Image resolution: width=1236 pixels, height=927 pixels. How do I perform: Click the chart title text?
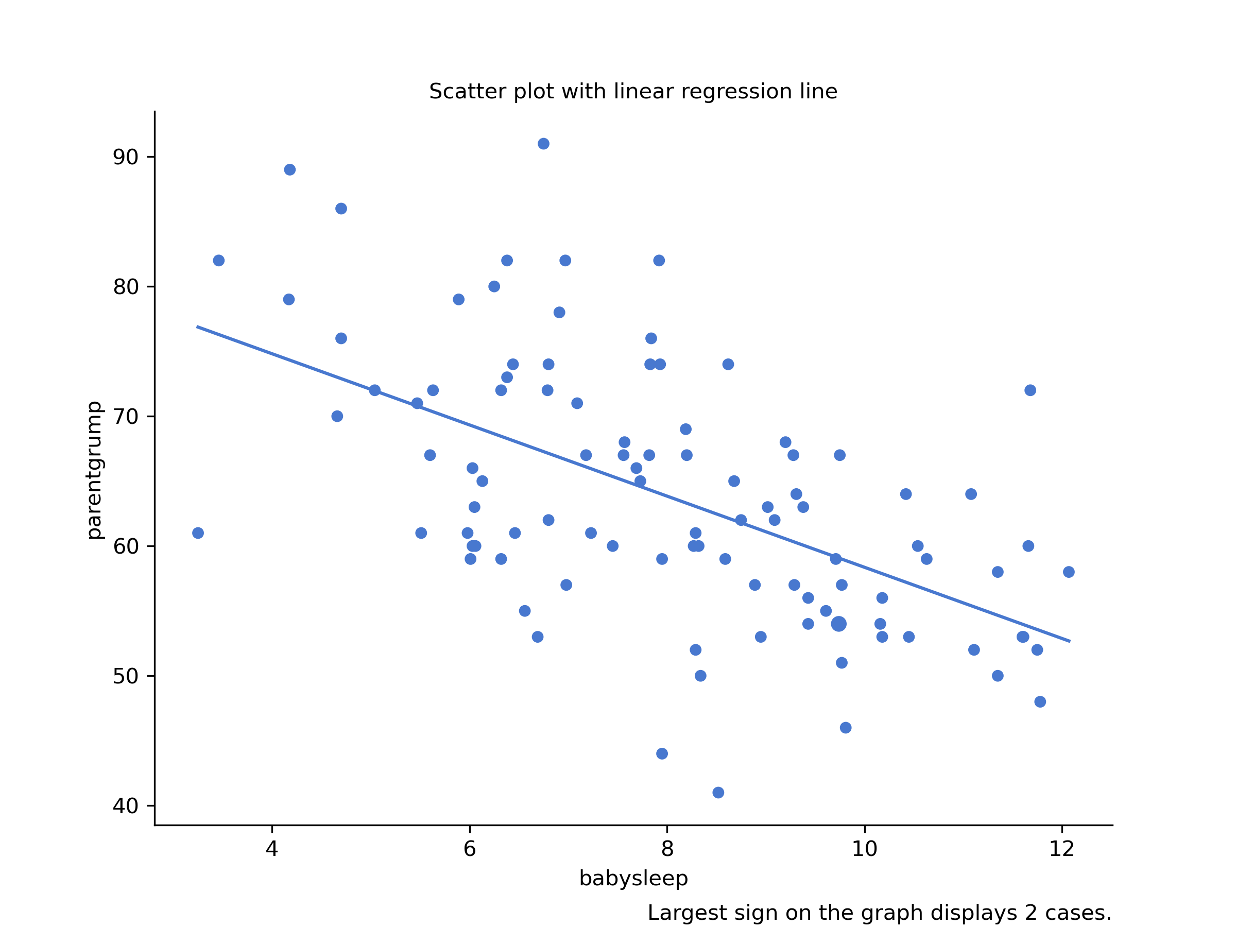click(x=633, y=92)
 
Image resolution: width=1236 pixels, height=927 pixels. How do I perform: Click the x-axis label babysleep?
click(x=633, y=879)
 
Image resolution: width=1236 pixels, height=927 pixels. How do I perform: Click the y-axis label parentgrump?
click(x=94, y=471)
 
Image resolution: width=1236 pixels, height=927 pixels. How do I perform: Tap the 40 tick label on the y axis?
click(x=126, y=806)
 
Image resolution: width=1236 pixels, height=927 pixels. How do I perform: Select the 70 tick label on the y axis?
click(x=126, y=417)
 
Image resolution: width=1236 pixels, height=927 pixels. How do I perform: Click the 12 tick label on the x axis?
click(x=1061, y=849)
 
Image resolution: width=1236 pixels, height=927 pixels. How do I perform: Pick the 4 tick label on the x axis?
click(x=271, y=849)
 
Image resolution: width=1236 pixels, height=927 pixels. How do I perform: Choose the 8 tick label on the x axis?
click(x=666, y=849)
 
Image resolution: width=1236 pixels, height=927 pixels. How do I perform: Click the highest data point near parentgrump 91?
click(x=543, y=144)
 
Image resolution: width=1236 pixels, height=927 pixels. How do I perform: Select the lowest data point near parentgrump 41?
click(x=718, y=793)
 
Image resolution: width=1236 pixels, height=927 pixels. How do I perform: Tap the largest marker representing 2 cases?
click(x=838, y=624)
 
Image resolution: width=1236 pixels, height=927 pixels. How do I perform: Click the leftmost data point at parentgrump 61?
click(x=198, y=533)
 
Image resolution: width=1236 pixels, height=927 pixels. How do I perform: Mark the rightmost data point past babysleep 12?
click(x=1069, y=572)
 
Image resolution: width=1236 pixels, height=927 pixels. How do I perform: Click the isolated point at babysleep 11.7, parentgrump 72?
click(x=1030, y=390)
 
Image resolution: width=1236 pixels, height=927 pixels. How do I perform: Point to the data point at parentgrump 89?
click(x=289, y=169)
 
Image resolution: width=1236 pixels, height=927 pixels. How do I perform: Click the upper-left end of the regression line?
click(x=198, y=327)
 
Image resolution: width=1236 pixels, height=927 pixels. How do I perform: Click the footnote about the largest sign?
click(x=879, y=913)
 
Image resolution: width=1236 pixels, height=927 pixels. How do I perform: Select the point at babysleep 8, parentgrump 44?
click(x=662, y=754)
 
